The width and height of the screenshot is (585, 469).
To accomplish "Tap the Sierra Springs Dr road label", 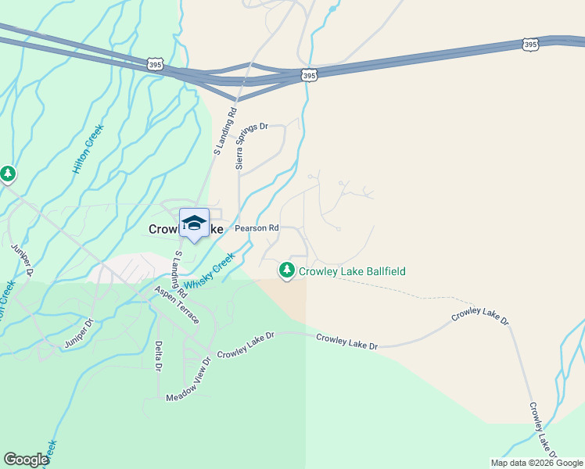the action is (252, 145).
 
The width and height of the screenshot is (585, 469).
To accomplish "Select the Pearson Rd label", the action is (257, 228).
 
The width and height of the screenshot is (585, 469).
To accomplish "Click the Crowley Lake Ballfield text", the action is (352, 271).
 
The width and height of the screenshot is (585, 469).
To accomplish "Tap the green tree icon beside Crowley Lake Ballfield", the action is (287, 270).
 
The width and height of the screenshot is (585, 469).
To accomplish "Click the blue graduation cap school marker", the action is (194, 224).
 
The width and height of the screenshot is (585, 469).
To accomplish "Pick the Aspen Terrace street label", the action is (177, 305).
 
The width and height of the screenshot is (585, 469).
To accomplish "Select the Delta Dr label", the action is (158, 356).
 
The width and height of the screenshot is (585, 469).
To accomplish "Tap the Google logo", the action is (26, 460).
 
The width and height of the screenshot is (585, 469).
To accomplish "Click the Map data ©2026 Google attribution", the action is (536, 463).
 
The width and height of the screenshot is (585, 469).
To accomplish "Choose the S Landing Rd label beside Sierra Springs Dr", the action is (225, 131).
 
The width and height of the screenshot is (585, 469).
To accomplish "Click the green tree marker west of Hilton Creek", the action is (8, 174).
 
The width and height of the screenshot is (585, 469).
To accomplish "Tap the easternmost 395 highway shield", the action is (531, 45).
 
